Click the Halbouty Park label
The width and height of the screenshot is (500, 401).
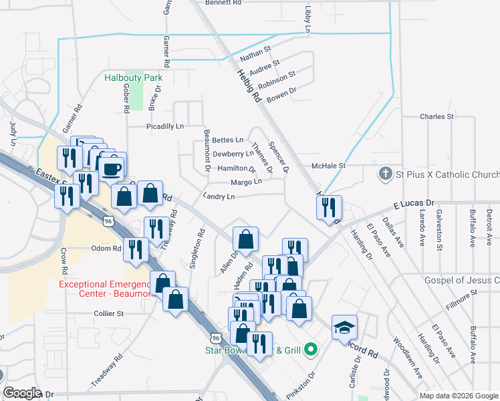pyautogui.click(x=134, y=78)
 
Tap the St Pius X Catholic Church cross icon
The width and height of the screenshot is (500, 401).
pyautogui.click(x=385, y=174)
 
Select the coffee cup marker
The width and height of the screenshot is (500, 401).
pyautogui.click(x=112, y=167)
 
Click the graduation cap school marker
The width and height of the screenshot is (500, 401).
pyautogui.click(x=344, y=327)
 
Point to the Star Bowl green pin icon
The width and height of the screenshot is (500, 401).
pyautogui.click(x=309, y=350)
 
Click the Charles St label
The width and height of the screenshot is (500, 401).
pyautogui.click(x=436, y=116)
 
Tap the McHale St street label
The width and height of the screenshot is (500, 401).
pyautogui.click(x=328, y=166)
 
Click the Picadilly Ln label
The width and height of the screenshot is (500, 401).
pyautogui.click(x=165, y=126)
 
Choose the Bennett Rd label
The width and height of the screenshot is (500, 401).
pyautogui.click(x=223, y=3)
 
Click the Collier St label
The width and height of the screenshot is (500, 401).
pyautogui.click(x=109, y=313)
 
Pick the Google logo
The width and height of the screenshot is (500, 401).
pyautogui.click(x=22, y=393)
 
